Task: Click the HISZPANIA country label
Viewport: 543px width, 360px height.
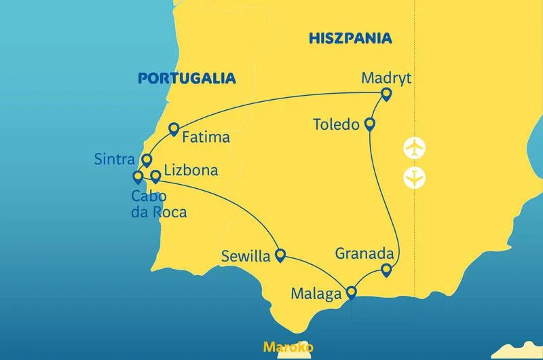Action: click(350, 38)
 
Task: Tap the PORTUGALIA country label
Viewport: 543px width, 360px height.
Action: click(187, 78)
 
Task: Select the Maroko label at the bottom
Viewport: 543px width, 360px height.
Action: click(288, 347)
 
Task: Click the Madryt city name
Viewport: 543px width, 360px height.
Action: click(387, 77)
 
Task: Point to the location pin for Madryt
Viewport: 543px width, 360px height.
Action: click(387, 94)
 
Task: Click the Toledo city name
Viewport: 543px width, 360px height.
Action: click(335, 125)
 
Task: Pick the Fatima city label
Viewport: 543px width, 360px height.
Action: click(206, 137)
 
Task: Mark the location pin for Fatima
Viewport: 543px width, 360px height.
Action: click(174, 128)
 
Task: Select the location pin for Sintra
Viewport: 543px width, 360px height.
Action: click(146, 160)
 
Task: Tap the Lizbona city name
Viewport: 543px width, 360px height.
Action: click(191, 171)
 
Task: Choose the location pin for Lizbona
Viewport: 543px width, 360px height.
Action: click(155, 176)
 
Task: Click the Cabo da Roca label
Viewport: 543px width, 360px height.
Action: click(159, 204)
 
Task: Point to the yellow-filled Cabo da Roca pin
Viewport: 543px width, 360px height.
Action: click(138, 177)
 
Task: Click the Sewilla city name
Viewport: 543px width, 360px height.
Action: click(246, 257)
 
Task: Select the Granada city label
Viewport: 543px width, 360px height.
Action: click(364, 253)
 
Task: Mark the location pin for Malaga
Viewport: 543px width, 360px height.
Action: click(351, 293)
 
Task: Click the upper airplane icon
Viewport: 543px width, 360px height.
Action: click(414, 147)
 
